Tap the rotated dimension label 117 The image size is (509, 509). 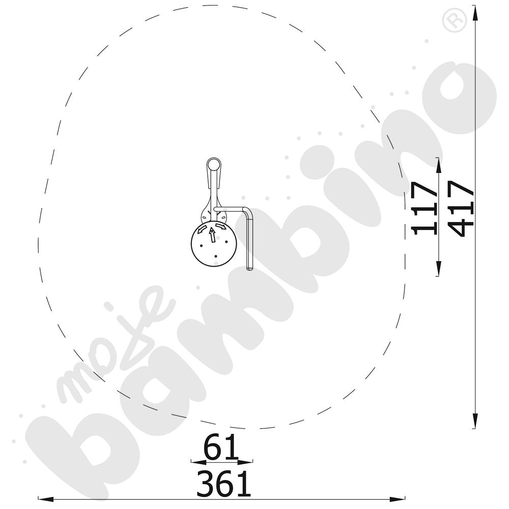tap(423, 208)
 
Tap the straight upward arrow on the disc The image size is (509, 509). tap(212, 235)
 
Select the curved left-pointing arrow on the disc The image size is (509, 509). tap(202, 229)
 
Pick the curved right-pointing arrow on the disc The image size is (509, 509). tap(221, 226)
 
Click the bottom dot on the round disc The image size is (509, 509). tap(216, 257)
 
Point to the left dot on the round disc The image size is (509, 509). tap(201, 245)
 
